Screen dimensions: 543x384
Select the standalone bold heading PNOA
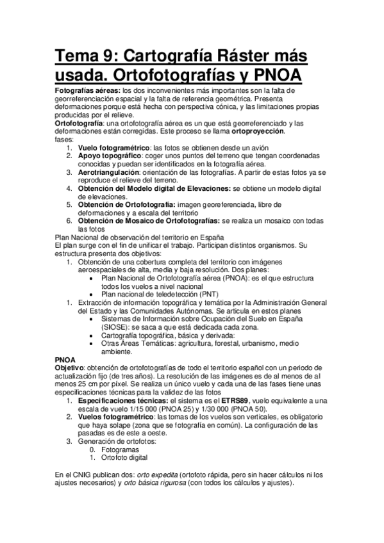coord(66,360)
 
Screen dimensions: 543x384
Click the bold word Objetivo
coord(69,368)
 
